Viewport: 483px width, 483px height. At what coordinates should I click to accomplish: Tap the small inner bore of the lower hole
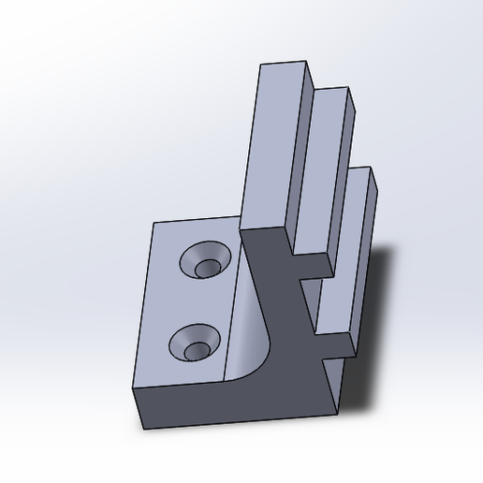coord(197,350)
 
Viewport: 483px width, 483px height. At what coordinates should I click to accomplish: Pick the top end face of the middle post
coord(332,95)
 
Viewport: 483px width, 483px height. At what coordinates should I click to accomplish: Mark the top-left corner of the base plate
coord(154,224)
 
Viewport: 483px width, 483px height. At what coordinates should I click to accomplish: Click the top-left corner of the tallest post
coord(261,66)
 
